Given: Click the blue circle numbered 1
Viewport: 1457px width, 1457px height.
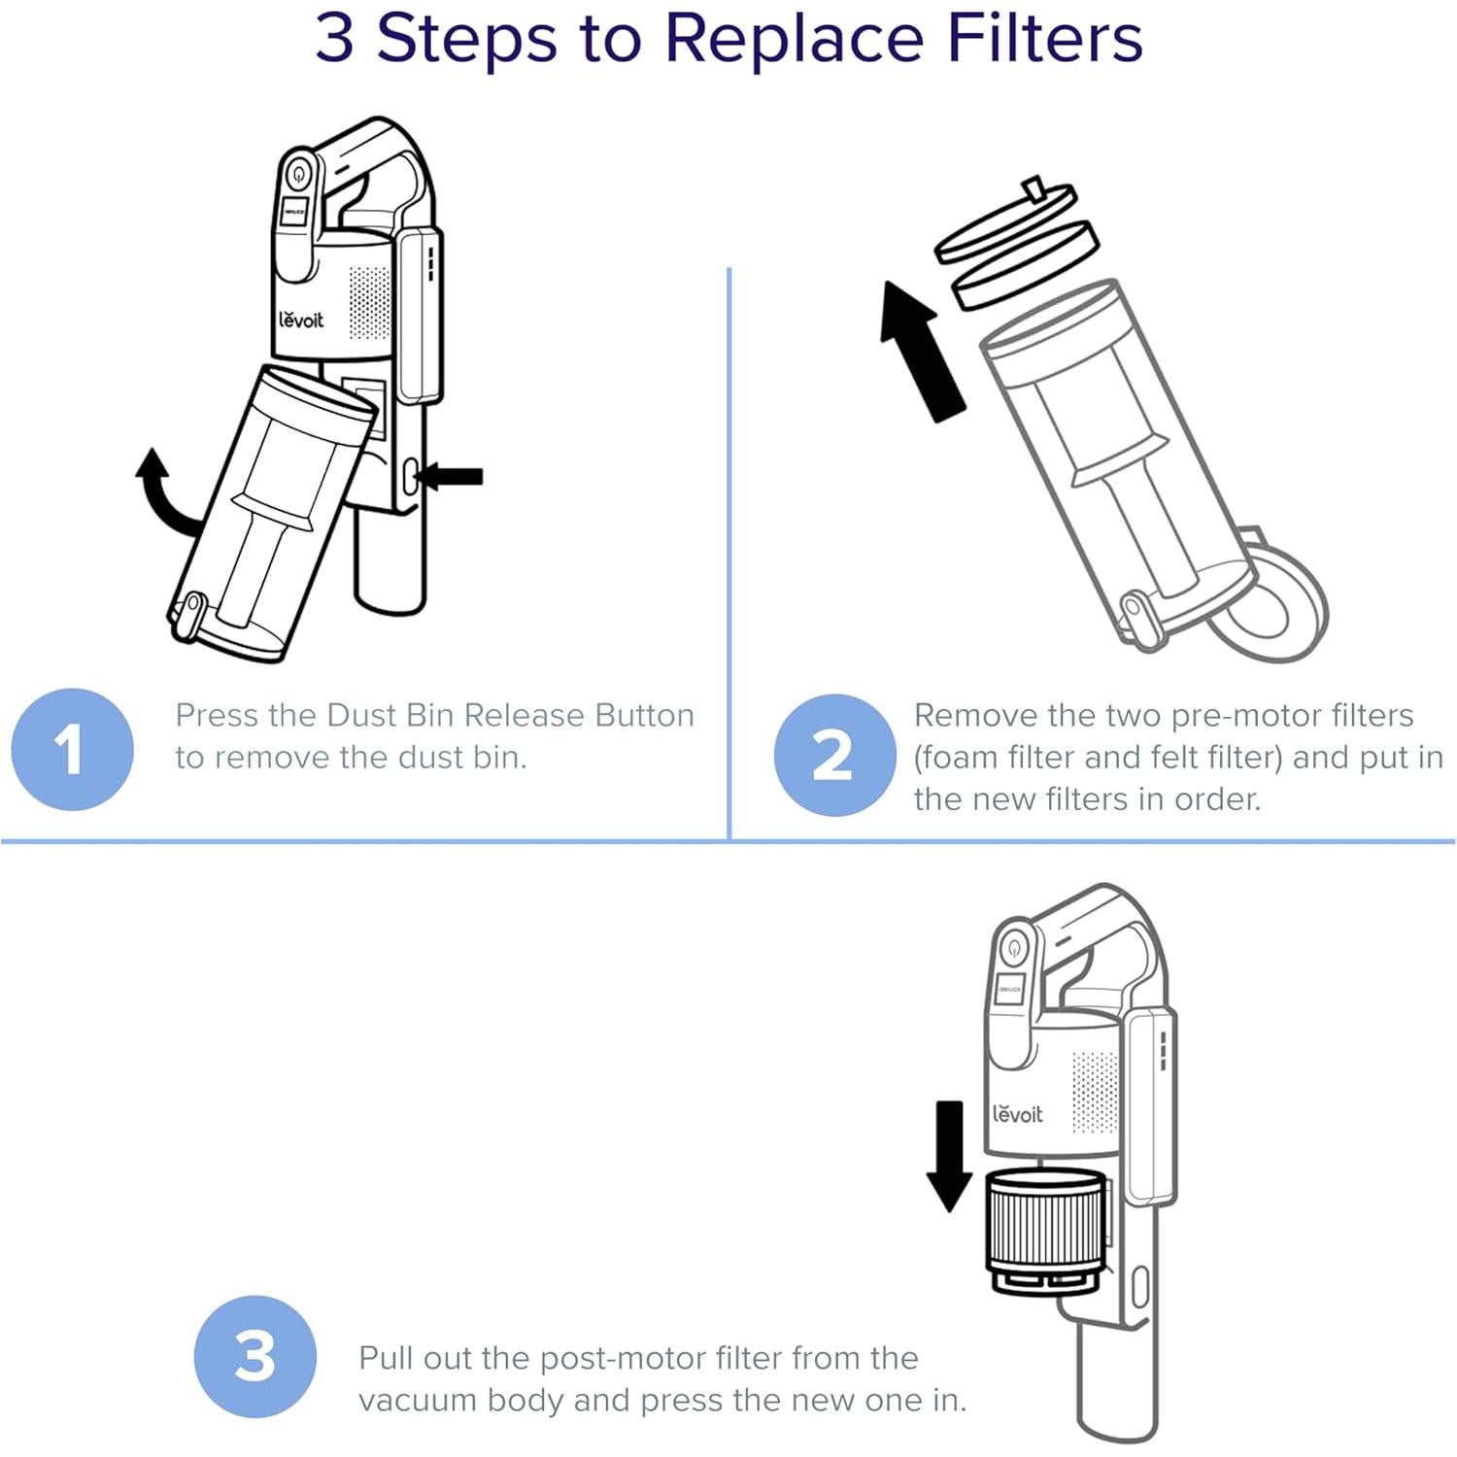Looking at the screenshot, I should pos(72,749).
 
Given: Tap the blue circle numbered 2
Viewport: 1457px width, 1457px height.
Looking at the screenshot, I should pos(833,755).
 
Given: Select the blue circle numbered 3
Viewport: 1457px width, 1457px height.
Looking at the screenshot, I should pos(254,1356).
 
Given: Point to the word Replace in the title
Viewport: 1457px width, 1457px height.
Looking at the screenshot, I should pos(794,39).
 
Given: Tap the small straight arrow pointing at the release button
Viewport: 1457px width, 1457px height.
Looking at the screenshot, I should pos(451,476).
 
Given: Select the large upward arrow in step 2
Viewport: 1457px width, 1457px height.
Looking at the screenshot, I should pos(920,351).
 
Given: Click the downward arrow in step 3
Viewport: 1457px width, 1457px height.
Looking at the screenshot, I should pos(949,1156).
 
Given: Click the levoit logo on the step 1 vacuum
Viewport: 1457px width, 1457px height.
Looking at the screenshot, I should pos(301,320).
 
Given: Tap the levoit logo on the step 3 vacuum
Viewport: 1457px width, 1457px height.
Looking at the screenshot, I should pos(1017,1114).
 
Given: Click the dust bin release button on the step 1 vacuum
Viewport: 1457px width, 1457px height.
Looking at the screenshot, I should pos(409,476).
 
